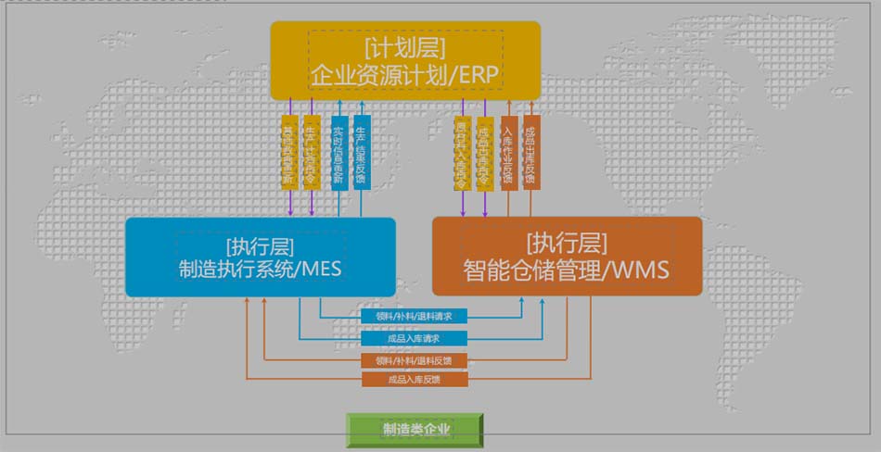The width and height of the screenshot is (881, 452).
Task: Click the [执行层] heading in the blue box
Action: point(260,245)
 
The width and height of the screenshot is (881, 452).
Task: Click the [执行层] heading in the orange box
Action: point(567,244)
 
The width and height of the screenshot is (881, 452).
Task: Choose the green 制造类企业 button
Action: point(415,430)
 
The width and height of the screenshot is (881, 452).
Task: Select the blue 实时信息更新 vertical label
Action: point(338,152)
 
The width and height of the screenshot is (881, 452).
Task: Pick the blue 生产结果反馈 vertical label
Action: point(362,152)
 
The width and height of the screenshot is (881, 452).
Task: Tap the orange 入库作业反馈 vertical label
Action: point(507,152)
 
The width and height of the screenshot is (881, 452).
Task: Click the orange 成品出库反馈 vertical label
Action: point(530,152)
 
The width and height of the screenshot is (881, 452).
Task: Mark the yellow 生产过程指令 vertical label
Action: point(312,152)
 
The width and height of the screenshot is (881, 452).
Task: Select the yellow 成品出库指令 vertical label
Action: point(484,152)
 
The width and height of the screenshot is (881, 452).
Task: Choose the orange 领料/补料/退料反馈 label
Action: point(415,360)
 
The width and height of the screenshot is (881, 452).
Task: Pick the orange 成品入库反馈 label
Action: point(415,379)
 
